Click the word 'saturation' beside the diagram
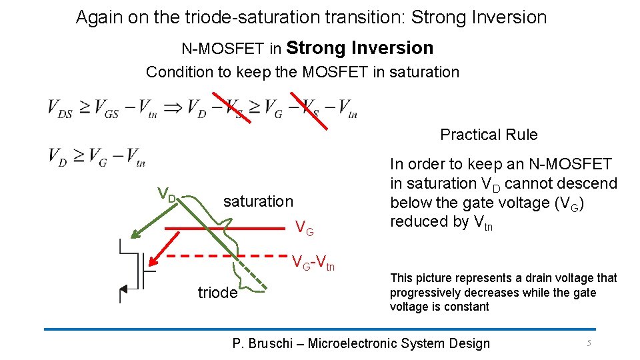pos(258,201)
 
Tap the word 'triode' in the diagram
pos(217,293)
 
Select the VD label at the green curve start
pos(167,195)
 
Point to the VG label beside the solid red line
pos(305,230)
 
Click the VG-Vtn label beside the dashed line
pos(313,264)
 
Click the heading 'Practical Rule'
pos(489,135)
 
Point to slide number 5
pos(589,343)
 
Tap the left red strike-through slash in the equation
pos(232,107)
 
